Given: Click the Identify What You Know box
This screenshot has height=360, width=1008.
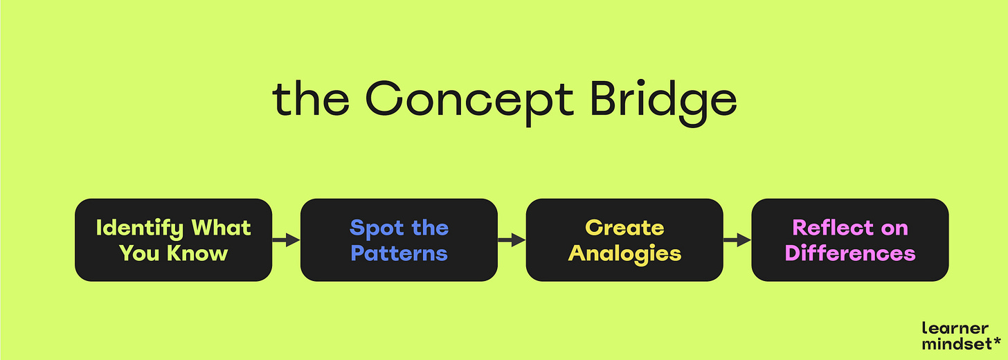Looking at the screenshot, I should pos(173,240).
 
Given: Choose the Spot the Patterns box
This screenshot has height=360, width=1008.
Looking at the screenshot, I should pos(399,240).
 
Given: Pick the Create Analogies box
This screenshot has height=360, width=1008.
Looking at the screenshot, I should pos(624,240).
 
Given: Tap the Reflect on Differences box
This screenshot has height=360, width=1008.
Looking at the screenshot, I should pos(850,240).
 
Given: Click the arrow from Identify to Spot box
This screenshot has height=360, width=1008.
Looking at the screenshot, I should pos(286,240).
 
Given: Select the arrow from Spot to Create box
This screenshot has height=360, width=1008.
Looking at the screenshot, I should pos(512,240).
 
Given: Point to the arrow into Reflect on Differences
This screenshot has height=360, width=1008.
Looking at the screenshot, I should pos(737,240).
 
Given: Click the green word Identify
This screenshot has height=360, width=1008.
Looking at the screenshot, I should pos(140,228).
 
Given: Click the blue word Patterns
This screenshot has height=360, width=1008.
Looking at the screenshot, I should pos(399,253).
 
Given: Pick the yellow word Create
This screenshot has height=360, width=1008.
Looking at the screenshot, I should pos(624,228).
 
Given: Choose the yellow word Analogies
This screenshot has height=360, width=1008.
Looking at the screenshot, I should pos(624,253).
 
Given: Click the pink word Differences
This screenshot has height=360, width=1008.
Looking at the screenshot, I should pos(850,253).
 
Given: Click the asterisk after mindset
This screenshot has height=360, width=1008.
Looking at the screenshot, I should pos(996,342).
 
